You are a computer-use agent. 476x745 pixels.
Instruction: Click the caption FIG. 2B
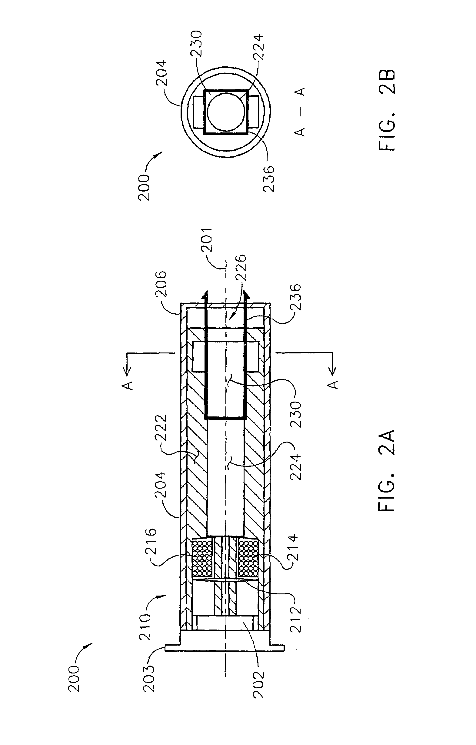386,110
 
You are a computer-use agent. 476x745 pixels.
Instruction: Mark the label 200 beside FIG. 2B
144,188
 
